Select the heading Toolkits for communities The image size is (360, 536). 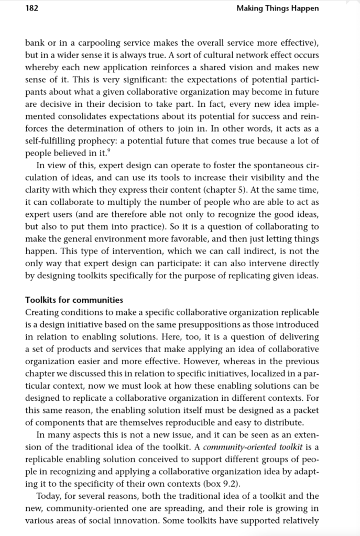[74, 300]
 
